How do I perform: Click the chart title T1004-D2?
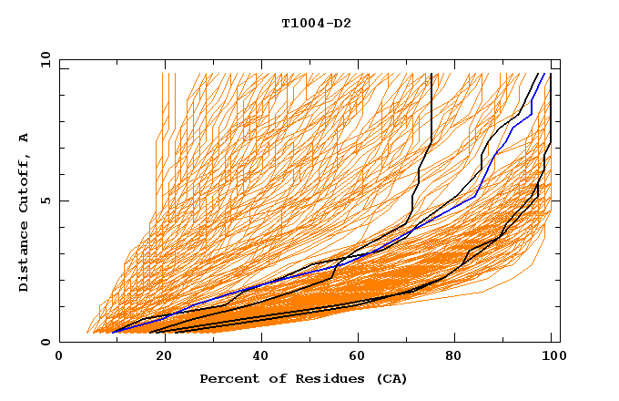pyautogui.click(x=316, y=23)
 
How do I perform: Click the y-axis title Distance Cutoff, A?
pyautogui.click(x=25, y=211)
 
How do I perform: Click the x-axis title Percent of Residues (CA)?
pyautogui.click(x=303, y=378)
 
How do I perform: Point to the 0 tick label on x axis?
pyautogui.click(x=59, y=356)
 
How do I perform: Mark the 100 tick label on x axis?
pyautogui.click(x=551, y=356)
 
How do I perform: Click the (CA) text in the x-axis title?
pyautogui.click(x=391, y=378)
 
